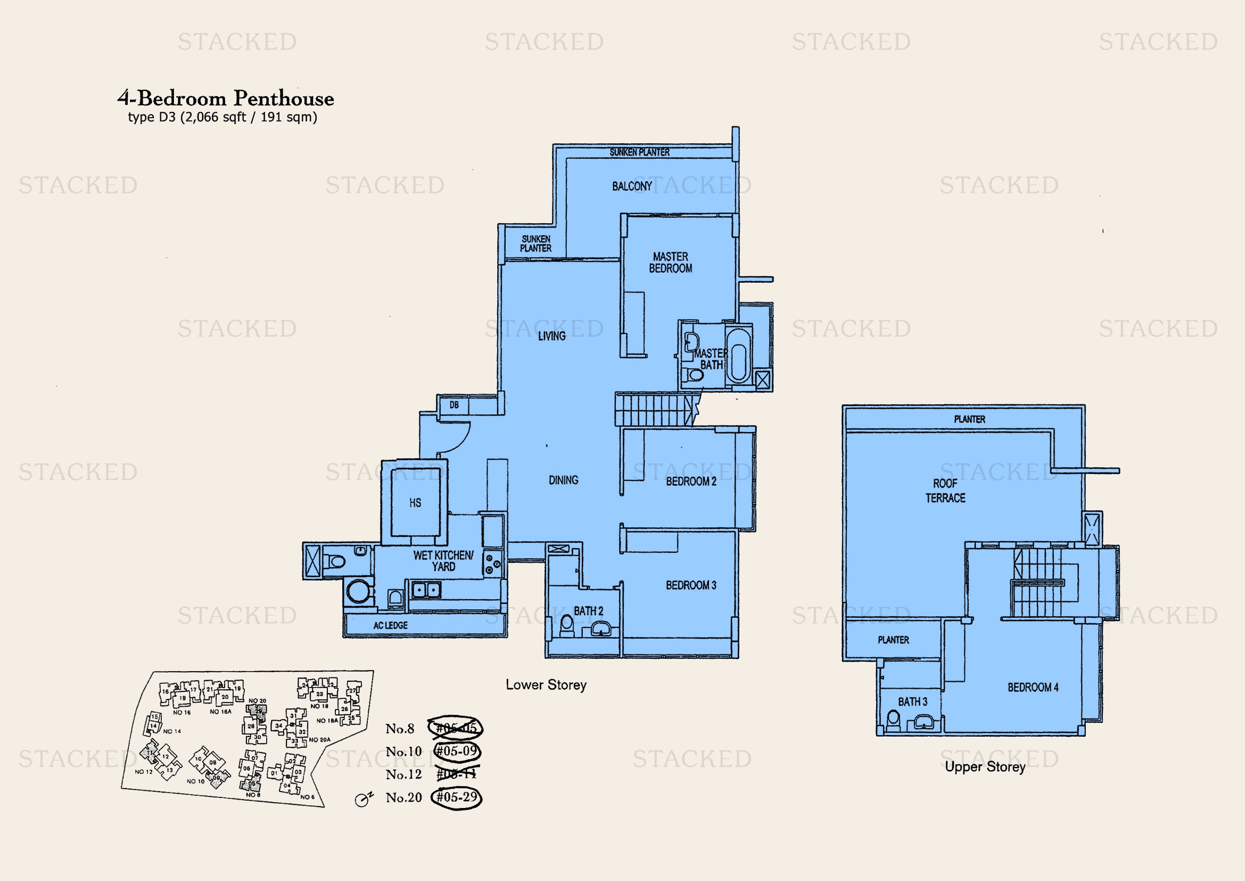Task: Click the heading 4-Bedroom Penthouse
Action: click(x=226, y=99)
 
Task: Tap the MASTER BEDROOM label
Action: click(x=670, y=263)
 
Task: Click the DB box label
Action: click(x=454, y=405)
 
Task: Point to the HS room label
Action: click(x=415, y=503)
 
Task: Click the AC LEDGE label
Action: click(x=390, y=625)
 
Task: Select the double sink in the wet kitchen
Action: click(x=426, y=589)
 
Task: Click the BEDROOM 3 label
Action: click(x=691, y=585)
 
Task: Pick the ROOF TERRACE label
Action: click(x=945, y=491)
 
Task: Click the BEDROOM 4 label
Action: click(x=1033, y=687)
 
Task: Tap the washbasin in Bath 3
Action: click(x=924, y=722)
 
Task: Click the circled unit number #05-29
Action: click(x=457, y=797)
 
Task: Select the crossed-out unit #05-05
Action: click(x=456, y=728)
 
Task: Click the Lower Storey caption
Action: click(x=546, y=684)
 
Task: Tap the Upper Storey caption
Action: click(x=985, y=766)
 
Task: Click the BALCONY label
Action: click(x=632, y=186)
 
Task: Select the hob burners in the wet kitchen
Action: click(x=492, y=564)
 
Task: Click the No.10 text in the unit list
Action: click(x=403, y=752)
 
